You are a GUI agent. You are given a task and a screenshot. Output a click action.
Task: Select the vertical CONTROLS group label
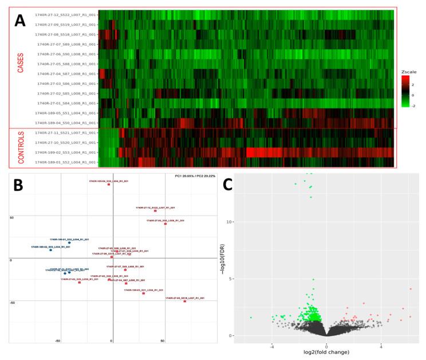[21, 147]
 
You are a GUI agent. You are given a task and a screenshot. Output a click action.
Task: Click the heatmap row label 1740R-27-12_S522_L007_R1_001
[66, 14]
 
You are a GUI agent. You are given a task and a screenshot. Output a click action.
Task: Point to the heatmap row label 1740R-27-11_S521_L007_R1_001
[66, 132]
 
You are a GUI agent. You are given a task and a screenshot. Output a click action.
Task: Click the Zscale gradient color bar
[405, 92]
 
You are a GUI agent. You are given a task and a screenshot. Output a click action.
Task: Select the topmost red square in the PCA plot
[108, 185]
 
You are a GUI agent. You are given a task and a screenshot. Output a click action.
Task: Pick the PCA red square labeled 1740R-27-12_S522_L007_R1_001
[155, 211]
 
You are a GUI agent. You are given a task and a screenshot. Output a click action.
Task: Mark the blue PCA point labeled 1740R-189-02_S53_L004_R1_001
[50, 250]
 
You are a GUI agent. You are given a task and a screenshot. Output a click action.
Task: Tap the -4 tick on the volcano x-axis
[272, 346]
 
